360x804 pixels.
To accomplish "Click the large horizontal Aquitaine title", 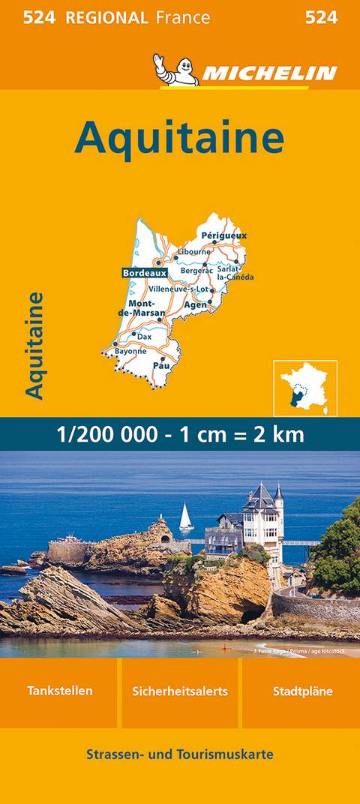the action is [x=180, y=136].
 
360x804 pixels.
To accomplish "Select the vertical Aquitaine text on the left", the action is [x=34, y=344].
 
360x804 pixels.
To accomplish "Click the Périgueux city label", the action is [x=224, y=235].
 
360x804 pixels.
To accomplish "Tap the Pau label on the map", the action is [x=161, y=365].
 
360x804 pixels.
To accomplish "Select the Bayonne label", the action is [x=130, y=350].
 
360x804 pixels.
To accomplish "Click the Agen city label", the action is [x=195, y=305].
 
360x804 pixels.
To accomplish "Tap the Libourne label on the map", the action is [x=194, y=252].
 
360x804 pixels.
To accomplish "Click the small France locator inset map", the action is [x=304, y=388].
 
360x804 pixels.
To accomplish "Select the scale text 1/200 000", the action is [x=97, y=434].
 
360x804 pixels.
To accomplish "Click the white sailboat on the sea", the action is [x=186, y=517].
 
